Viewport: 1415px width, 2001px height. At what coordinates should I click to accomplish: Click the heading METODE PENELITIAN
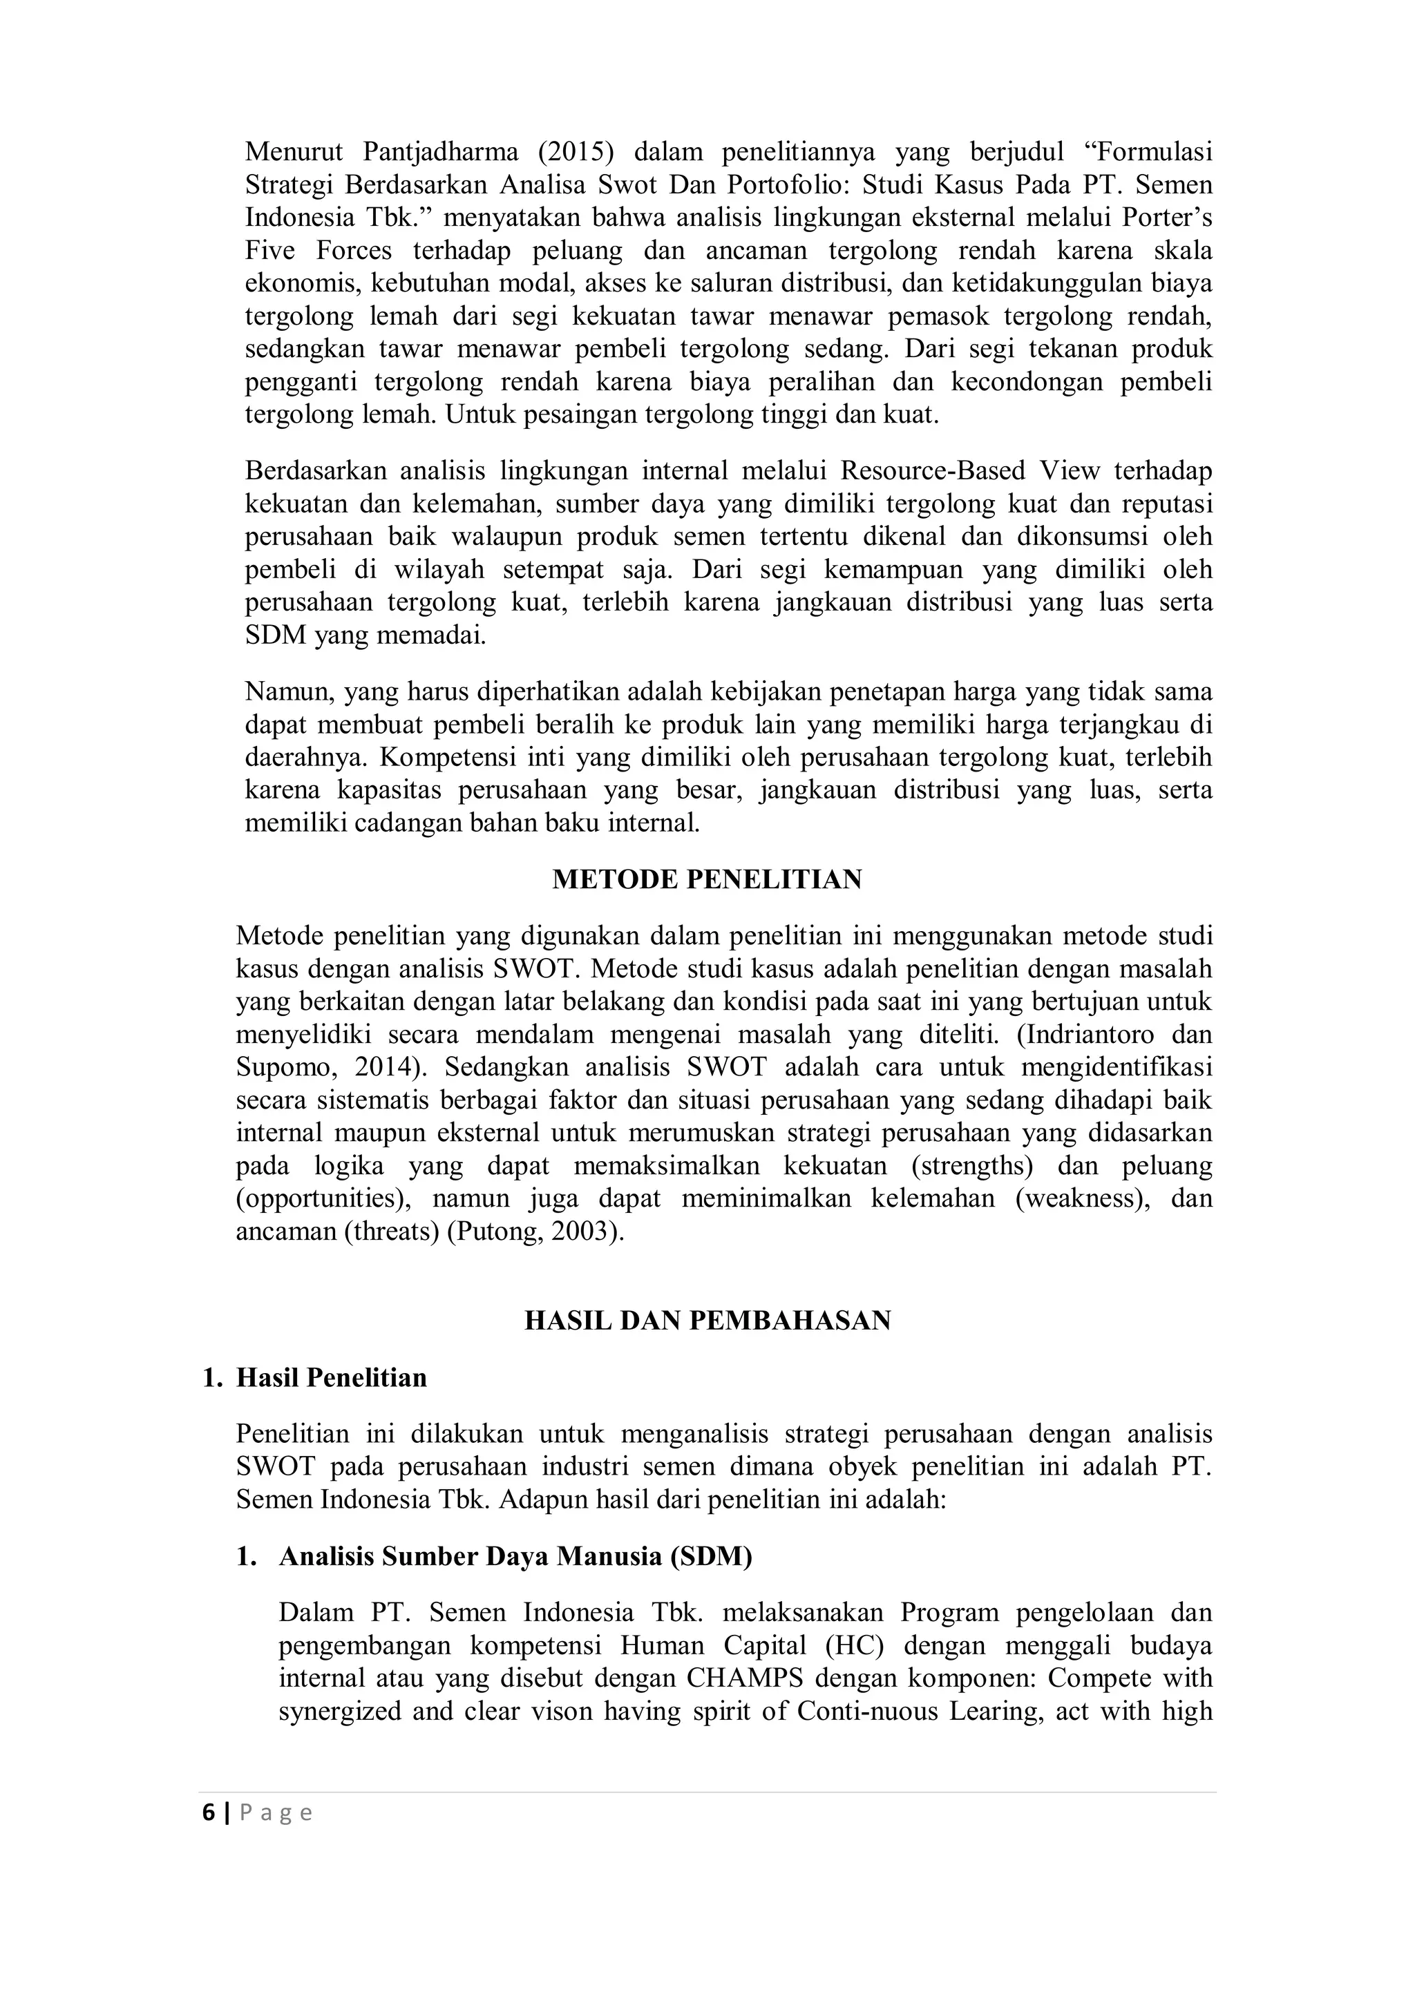(x=707, y=879)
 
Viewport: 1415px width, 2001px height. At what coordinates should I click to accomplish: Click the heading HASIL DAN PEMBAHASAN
(x=707, y=1321)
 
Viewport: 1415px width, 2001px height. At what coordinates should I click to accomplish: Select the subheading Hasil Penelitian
(x=332, y=1378)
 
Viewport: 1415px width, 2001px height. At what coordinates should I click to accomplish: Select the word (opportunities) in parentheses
(x=323, y=1198)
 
